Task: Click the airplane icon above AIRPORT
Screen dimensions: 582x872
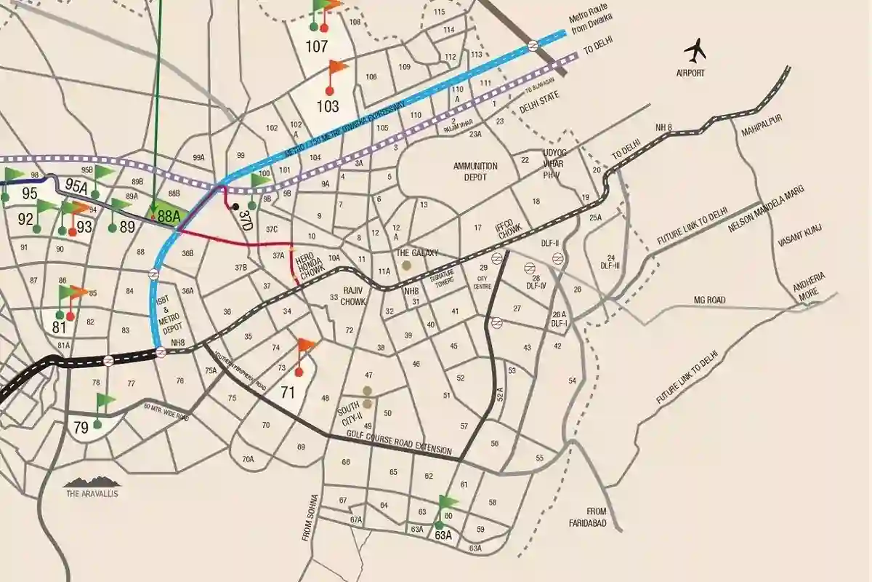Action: tap(695, 51)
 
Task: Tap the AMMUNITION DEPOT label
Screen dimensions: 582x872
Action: tap(475, 171)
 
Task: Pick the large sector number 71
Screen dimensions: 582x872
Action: tap(288, 393)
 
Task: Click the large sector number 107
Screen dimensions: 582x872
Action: tap(317, 47)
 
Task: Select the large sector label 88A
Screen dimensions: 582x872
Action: tap(169, 215)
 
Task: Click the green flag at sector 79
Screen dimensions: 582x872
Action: tap(106, 400)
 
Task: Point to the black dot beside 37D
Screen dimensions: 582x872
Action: tap(235, 207)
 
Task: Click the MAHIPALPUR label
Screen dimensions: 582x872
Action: tap(759, 132)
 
